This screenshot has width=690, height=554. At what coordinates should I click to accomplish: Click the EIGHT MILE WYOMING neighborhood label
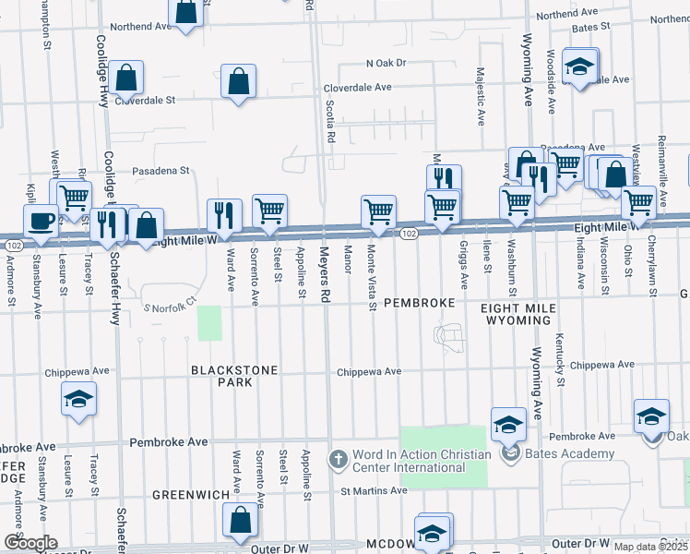click(x=516, y=311)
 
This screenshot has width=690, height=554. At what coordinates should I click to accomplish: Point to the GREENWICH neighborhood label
click(x=191, y=495)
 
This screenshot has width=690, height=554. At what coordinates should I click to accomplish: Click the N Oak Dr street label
click(x=386, y=63)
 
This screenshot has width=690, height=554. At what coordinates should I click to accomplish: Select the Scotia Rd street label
click(x=329, y=120)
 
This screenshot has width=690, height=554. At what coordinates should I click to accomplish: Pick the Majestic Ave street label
click(x=481, y=96)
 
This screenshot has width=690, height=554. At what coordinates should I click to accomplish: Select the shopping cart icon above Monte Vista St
click(x=378, y=211)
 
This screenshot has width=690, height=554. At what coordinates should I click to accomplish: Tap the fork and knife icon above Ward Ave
click(x=224, y=216)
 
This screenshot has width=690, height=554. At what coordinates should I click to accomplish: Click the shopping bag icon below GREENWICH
click(x=240, y=521)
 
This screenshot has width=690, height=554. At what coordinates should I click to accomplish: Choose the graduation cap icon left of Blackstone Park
click(x=78, y=399)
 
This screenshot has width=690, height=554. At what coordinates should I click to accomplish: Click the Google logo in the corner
click(x=30, y=543)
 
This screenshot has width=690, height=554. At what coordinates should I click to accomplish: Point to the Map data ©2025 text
click(x=650, y=547)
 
